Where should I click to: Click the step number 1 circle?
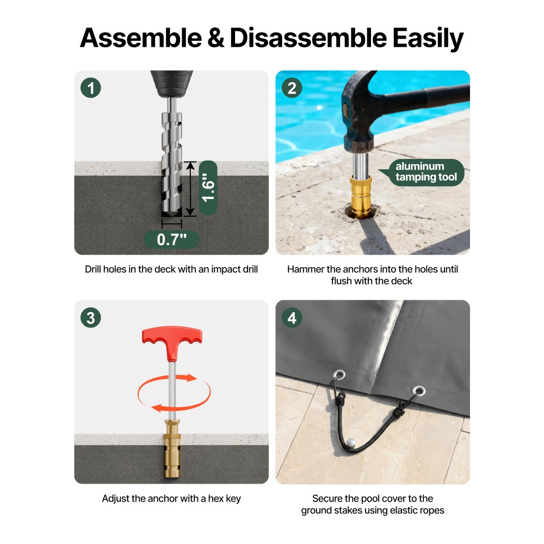tap(90, 88)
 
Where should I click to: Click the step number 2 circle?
tap(292, 88)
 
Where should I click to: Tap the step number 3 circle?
tap(90, 318)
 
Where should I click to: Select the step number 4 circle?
tap(292, 318)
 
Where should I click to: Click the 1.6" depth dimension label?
tap(208, 188)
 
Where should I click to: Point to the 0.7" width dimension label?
tap(171, 239)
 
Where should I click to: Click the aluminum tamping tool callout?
tap(425, 172)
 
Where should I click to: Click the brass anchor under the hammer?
tap(361, 196)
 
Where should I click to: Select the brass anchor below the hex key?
tap(172, 448)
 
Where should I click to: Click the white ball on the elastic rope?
tap(351, 442)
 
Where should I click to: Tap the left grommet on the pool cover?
tap(339, 375)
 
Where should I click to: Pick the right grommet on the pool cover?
tap(419, 391)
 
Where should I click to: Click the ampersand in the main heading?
tap(215, 38)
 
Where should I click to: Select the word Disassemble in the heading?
tap(308, 38)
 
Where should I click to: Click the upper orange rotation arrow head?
tap(191, 378)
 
